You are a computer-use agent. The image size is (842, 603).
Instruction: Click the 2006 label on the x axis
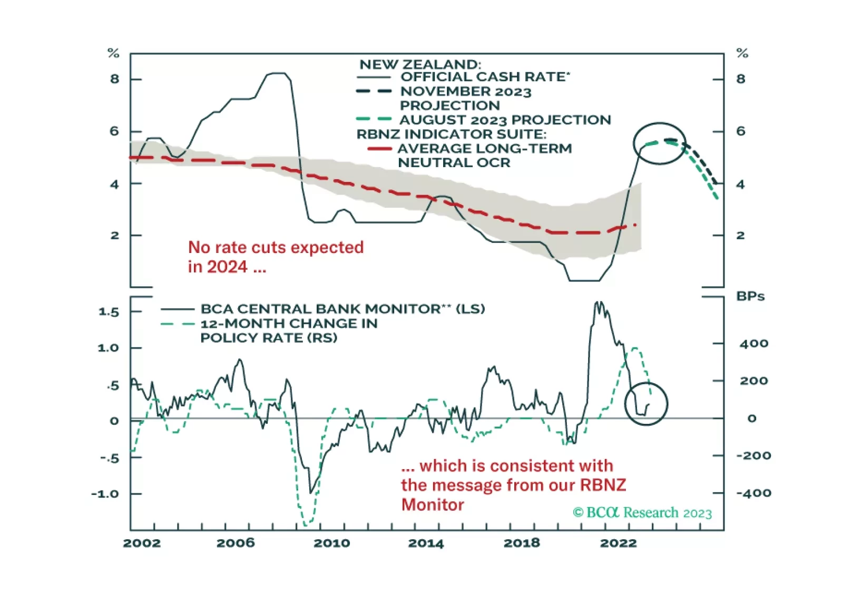click(236, 543)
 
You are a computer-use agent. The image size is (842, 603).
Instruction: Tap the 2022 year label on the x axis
click(619, 543)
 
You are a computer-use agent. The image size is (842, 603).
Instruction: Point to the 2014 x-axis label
click(426, 543)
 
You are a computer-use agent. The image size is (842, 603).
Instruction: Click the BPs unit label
click(750, 296)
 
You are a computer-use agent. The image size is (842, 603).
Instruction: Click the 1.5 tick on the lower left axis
click(109, 312)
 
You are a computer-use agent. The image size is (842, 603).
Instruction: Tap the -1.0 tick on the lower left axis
click(105, 494)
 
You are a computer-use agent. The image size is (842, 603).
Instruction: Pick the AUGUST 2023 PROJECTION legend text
click(505, 120)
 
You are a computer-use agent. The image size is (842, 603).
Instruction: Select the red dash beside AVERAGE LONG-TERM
click(379, 149)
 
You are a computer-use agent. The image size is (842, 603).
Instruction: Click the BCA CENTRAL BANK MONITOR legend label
click(320, 309)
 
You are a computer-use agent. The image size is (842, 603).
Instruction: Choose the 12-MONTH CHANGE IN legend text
click(289, 323)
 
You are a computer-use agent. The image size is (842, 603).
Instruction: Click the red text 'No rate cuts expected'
click(276, 247)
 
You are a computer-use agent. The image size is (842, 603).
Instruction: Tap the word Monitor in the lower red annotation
click(433, 504)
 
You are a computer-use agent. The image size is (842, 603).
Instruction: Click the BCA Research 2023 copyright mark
click(642, 512)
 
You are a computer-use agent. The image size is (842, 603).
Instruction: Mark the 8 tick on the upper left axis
click(114, 79)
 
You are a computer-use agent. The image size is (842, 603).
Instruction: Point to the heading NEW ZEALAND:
click(420, 64)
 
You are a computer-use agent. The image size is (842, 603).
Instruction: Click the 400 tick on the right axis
click(753, 344)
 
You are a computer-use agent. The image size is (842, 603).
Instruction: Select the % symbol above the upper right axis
click(742, 53)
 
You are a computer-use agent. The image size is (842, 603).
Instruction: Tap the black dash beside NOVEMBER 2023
click(374, 91)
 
